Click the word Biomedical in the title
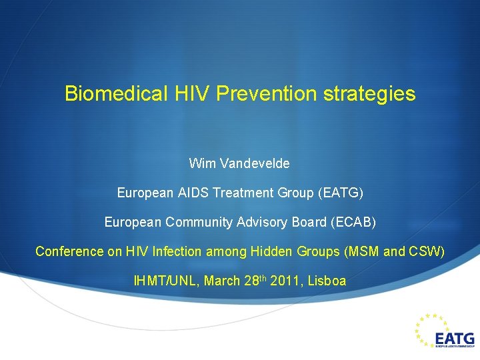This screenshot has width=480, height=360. tap(115, 94)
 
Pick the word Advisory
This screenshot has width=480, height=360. tap(264, 222)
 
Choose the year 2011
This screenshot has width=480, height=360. tap(285, 281)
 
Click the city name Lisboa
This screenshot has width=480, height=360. tap(327, 281)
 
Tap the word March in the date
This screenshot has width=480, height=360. tap(221, 281)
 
